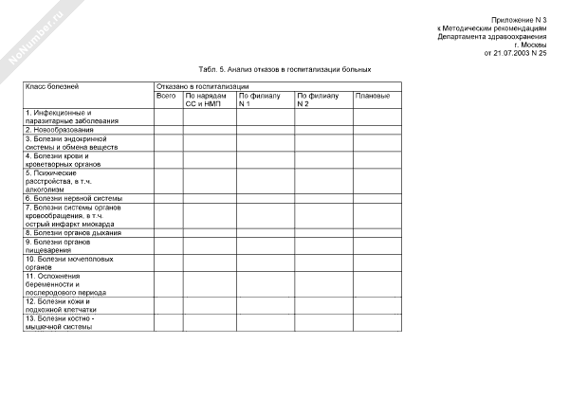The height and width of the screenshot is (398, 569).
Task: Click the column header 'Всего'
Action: [166, 96]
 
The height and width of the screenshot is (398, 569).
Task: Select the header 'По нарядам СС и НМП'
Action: [205, 99]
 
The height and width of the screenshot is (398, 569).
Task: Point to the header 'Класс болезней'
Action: [46, 87]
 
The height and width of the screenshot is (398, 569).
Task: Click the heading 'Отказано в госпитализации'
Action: [196, 87]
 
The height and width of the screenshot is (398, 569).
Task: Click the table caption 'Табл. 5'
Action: [284, 69]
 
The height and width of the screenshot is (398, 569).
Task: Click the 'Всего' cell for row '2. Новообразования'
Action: [168, 129]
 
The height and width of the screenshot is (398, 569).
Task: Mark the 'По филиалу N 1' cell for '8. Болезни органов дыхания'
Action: [265, 232]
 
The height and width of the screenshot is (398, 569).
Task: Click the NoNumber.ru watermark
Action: [35, 37]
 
